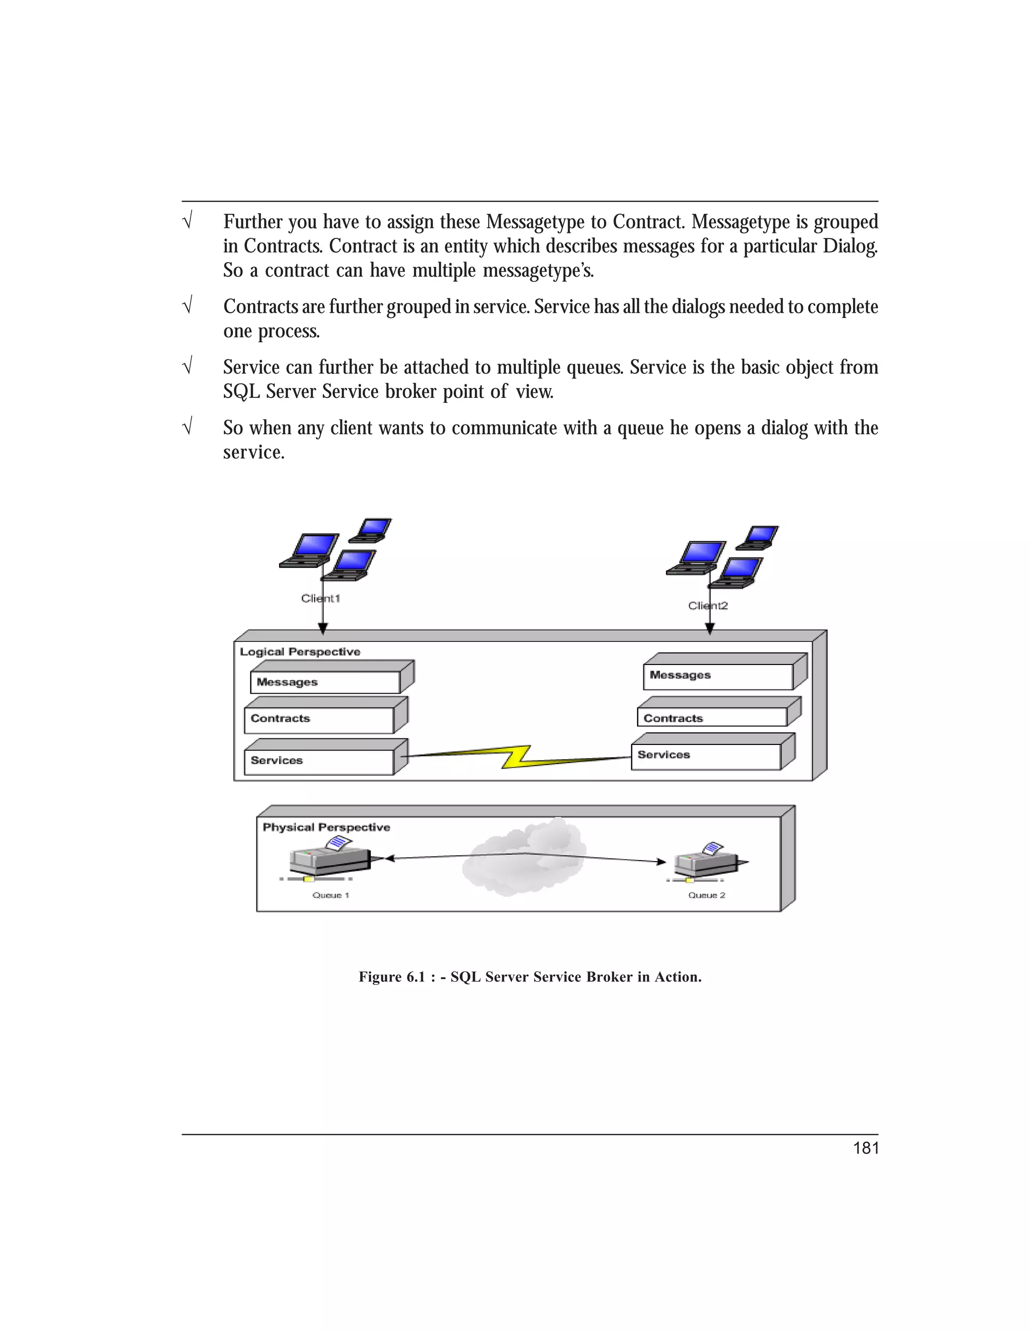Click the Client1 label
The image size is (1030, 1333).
[x=320, y=598]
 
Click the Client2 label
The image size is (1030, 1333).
[x=708, y=606]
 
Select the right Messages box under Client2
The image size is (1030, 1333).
[x=718, y=676]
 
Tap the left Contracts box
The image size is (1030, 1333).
[x=318, y=719]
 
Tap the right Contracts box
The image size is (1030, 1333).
[x=712, y=718]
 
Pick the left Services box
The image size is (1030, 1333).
[x=318, y=761]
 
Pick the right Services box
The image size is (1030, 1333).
[x=706, y=756]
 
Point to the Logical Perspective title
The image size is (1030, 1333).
[x=300, y=652]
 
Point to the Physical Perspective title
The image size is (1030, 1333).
[x=326, y=827]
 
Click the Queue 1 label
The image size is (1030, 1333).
[x=330, y=895]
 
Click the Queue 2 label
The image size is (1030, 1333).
[x=707, y=895]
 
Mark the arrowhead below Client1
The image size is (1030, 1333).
[x=323, y=628]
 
